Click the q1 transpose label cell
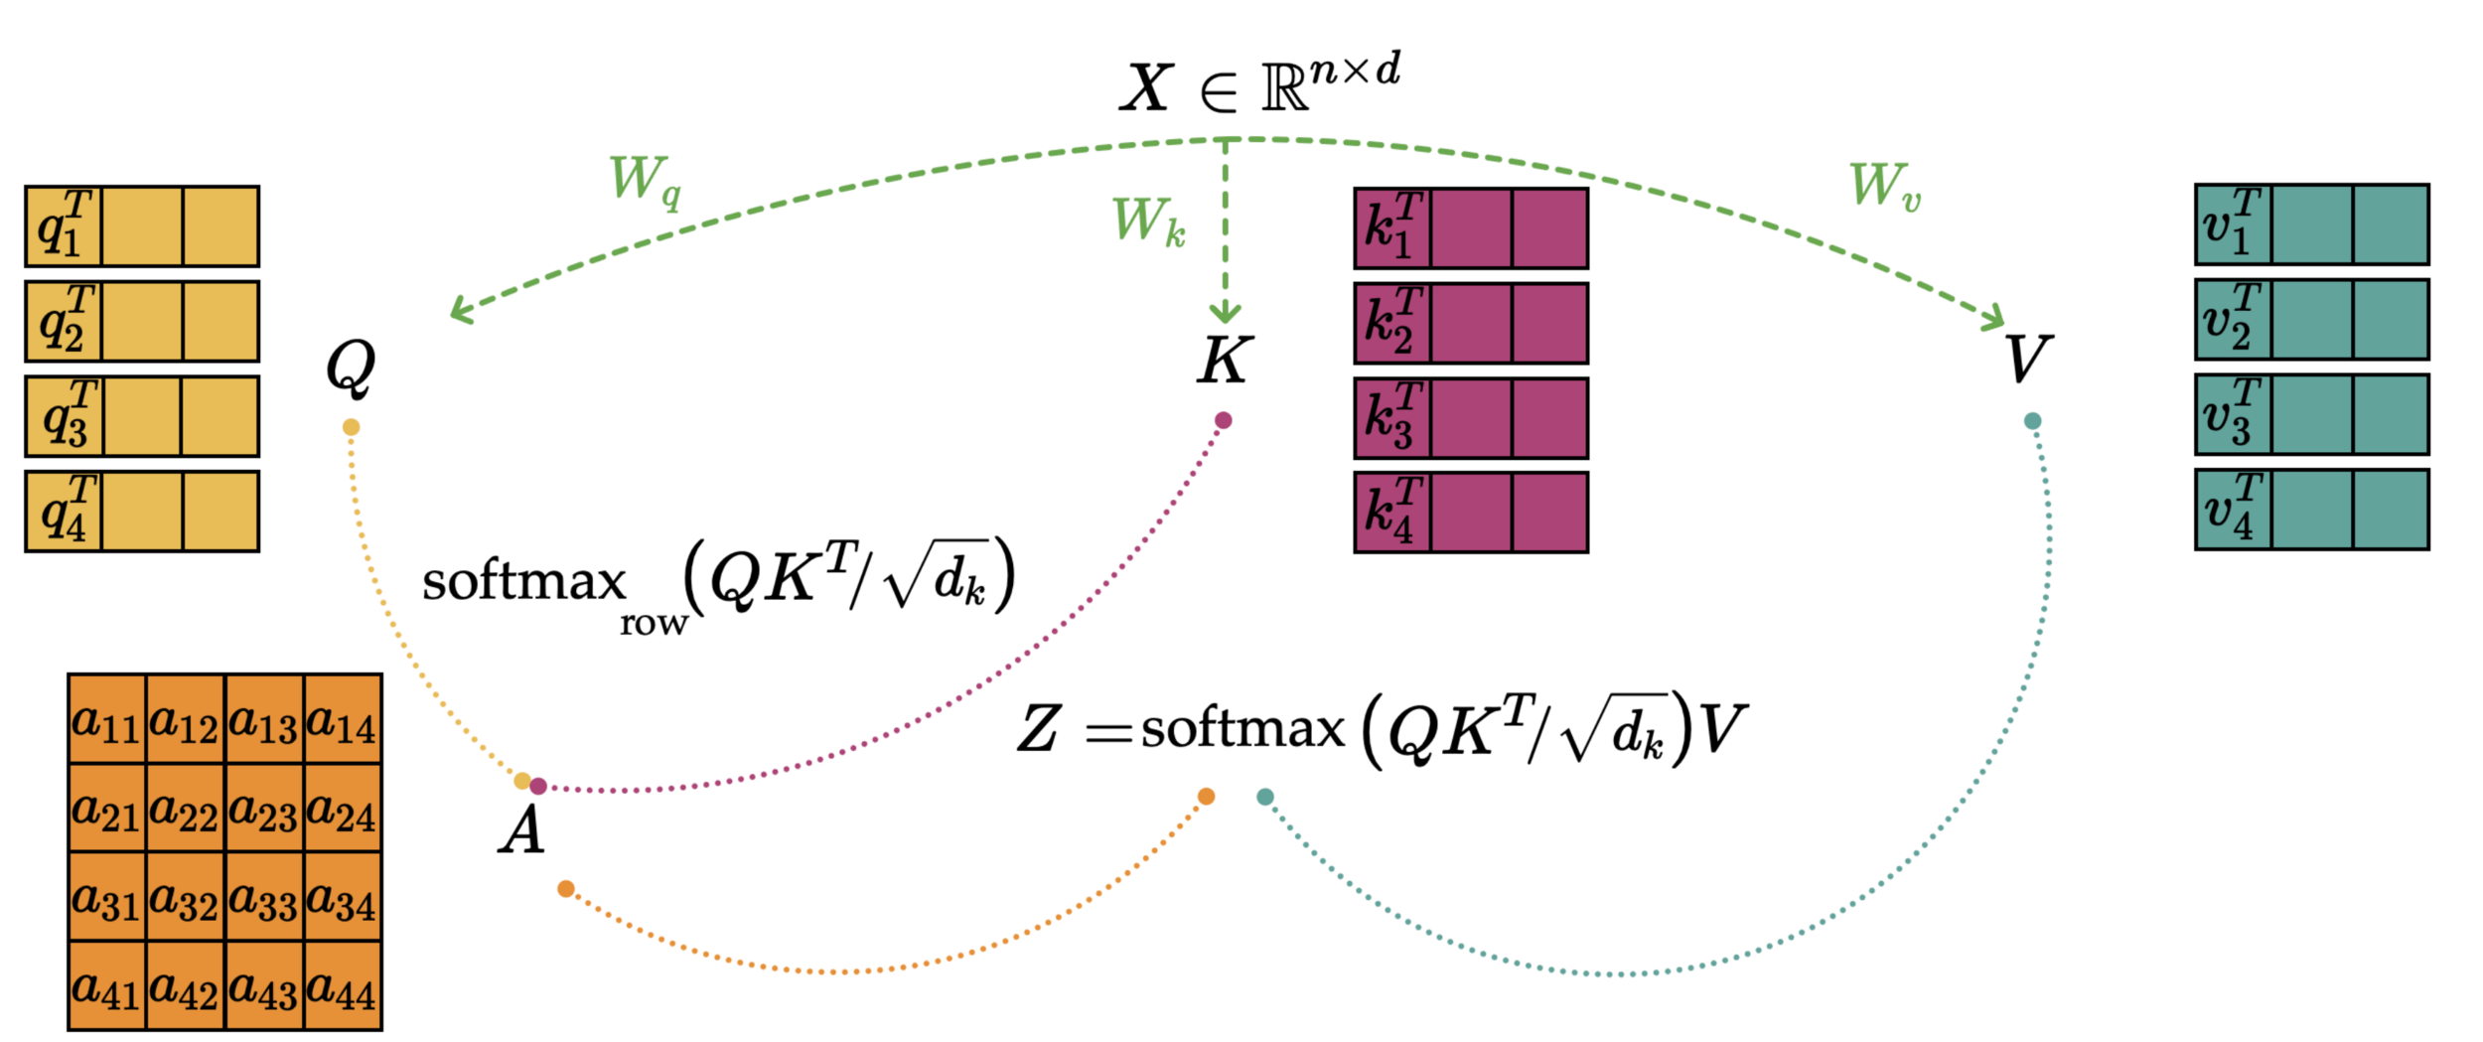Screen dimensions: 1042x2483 (x=65, y=226)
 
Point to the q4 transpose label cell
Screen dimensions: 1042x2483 (x=65, y=512)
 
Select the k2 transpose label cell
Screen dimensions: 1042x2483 (x=1392, y=323)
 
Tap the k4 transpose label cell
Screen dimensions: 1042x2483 (x=1392, y=513)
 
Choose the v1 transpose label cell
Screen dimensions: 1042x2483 (x=2233, y=224)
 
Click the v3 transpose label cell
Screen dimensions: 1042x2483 (x=2233, y=414)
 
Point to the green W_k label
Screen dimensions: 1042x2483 (x=1148, y=222)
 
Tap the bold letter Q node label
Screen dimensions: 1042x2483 (x=351, y=368)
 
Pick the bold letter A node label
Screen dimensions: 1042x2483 (x=522, y=830)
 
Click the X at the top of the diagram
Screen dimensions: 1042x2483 (x=1147, y=87)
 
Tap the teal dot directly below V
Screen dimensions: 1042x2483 (x=2033, y=421)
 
